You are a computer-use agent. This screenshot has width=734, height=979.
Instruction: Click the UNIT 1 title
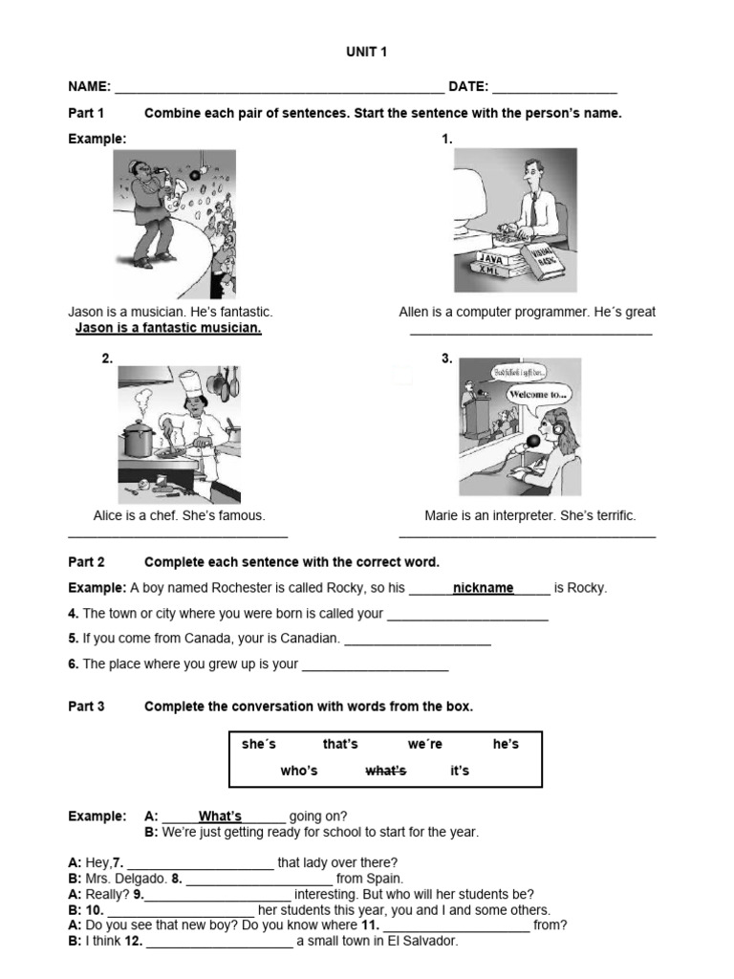[x=367, y=53]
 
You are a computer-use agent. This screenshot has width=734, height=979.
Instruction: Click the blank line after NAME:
[x=278, y=89]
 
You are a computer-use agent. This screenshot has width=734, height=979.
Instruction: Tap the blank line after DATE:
[x=555, y=89]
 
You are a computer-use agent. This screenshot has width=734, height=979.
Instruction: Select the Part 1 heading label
[x=86, y=113]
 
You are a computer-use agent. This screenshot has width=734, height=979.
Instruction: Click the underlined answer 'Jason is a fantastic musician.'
[x=168, y=329]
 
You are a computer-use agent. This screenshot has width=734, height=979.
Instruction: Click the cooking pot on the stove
[x=138, y=440]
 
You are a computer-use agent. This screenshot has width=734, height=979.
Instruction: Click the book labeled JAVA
[x=491, y=259]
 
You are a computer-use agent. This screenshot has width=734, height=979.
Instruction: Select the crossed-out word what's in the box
[x=386, y=771]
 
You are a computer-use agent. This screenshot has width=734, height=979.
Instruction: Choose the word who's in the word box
[x=298, y=771]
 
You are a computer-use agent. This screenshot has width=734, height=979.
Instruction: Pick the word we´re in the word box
[x=425, y=744]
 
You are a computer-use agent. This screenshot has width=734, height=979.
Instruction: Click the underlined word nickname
[x=483, y=588]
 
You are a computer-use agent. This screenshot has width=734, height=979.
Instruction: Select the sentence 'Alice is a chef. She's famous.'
[x=179, y=515]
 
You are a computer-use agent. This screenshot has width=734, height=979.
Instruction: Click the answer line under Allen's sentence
[x=530, y=333]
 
